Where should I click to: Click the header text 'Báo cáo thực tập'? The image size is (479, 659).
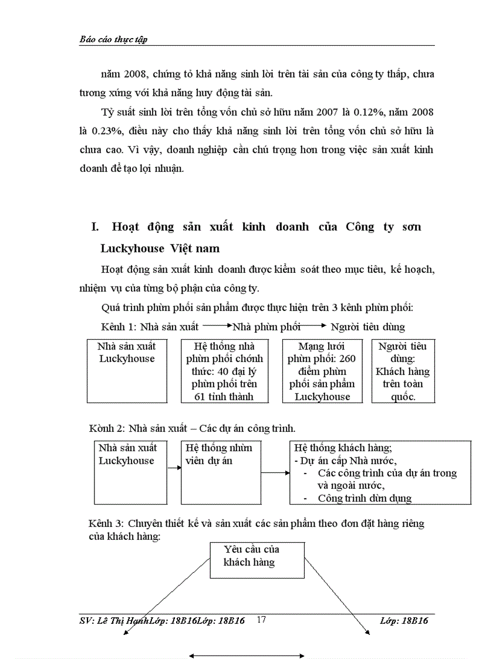click(x=113, y=40)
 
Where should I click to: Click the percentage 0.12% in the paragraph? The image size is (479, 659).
click(x=369, y=111)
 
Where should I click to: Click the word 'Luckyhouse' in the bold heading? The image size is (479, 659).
click(x=132, y=249)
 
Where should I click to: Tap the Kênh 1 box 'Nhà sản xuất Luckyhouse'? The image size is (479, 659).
click(x=127, y=370)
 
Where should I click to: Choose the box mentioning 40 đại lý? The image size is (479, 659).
click(x=224, y=371)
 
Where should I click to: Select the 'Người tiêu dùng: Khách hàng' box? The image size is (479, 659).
click(x=403, y=371)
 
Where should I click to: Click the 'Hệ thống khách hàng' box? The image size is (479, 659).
click(x=381, y=472)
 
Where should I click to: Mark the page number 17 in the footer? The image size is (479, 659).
click(x=262, y=620)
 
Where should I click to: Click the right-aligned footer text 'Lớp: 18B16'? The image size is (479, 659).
click(x=404, y=621)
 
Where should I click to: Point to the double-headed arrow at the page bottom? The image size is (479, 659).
click(x=246, y=655)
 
